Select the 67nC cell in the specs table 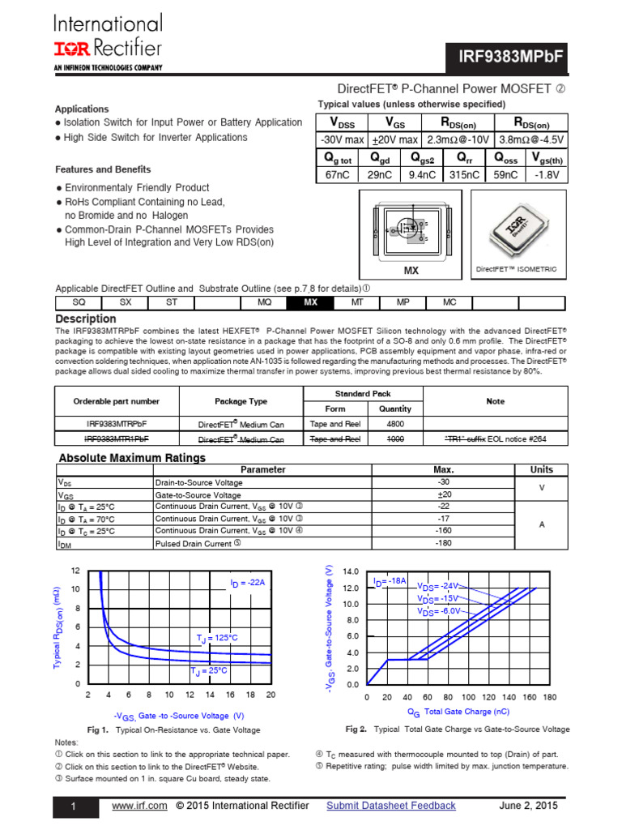[340, 174]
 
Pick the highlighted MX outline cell [309, 302]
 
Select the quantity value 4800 [395, 423]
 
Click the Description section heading [85, 319]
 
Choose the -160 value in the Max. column [443, 531]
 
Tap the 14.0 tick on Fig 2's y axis [351, 571]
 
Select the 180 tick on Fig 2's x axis [550, 697]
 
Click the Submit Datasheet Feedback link [390, 806]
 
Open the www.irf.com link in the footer [139, 806]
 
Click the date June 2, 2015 [529, 806]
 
